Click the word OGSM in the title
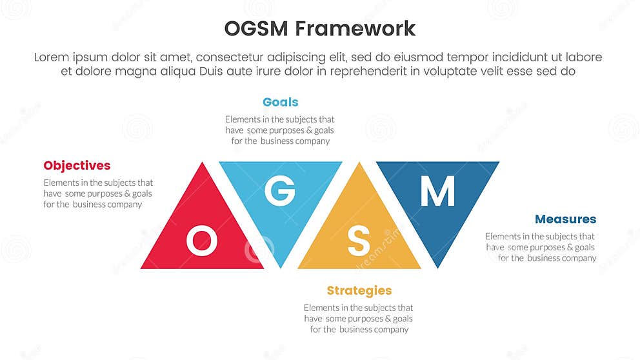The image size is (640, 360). tap(256, 29)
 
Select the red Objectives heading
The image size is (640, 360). tap(77, 166)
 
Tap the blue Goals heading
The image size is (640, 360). tap(281, 102)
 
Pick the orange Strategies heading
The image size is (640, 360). tap(359, 290)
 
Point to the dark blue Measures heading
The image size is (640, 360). tap(565, 219)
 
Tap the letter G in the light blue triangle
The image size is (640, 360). tap(281, 191)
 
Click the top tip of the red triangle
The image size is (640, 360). tap(203, 164)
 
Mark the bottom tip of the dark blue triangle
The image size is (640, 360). tap(437, 266)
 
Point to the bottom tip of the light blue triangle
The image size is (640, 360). tap(281, 266)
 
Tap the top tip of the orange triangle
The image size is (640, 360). tap(359, 164)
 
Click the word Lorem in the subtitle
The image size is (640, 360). tap(52, 57)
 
